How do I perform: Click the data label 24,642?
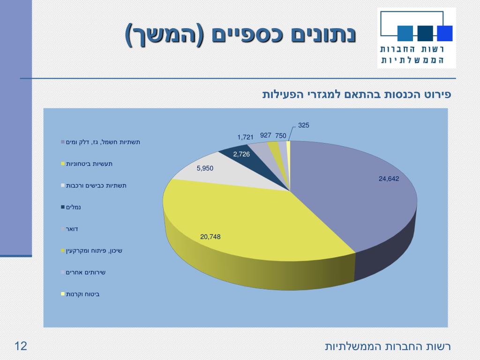[x=389, y=179]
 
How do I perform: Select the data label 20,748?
[x=210, y=237]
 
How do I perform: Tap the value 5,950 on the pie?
[x=205, y=168]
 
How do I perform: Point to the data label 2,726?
[x=241, y=154]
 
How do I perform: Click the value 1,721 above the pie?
[x=245, y=137]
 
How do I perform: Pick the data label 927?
[x=266, y=135]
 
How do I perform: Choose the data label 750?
[x=281, y=135]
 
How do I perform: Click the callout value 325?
[x=304, y=125]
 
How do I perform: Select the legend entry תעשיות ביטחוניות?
[x=89, y=164]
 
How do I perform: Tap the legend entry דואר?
[x=72, y=229]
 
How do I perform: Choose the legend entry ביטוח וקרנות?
[x=82, y=294]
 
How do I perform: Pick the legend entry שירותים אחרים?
[x=85, y=272]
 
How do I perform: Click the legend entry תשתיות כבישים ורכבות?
[x=96, y=186]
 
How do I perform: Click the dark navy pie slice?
[x=234, y=157]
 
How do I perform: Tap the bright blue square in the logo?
[x=444, y=33]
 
